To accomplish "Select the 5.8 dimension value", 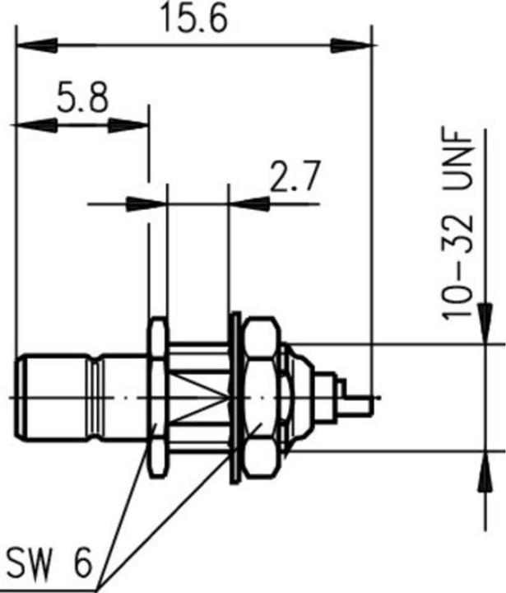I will click(82, 100).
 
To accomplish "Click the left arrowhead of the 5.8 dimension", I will click(25, 125).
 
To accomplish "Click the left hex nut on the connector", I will click(158, 398).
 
